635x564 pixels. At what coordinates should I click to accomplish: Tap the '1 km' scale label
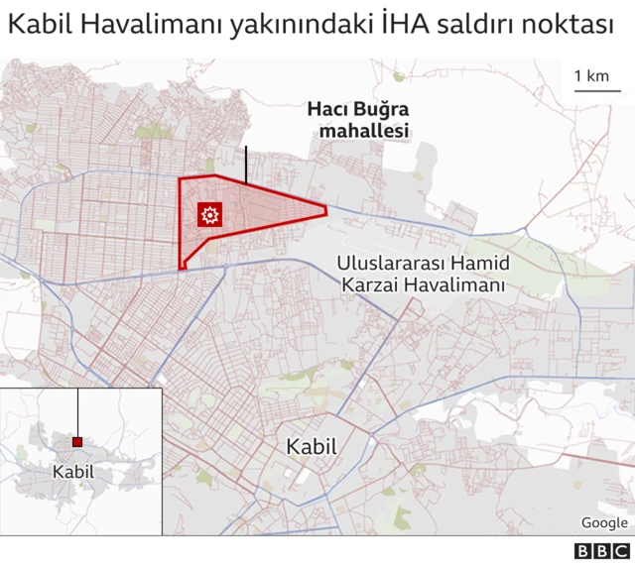click(x=591, y=75)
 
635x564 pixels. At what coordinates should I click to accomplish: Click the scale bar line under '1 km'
click(x=595, y=91)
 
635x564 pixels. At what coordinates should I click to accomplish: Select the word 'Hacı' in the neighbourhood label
click(x=328, y=110)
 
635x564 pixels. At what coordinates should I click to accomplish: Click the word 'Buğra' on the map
click(x=383, y=110)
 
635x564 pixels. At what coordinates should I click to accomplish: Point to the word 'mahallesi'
click(x=357, y=131)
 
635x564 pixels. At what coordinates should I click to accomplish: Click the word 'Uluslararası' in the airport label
click(x=385, y=265)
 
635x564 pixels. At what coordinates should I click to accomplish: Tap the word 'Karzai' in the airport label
click(x=373, y=285)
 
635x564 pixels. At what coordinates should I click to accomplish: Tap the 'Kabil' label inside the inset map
click(x=73, y=471)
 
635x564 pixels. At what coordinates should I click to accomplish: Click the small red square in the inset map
click(x=77, y=442)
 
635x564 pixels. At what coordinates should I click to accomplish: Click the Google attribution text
click(x=604, y=523)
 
